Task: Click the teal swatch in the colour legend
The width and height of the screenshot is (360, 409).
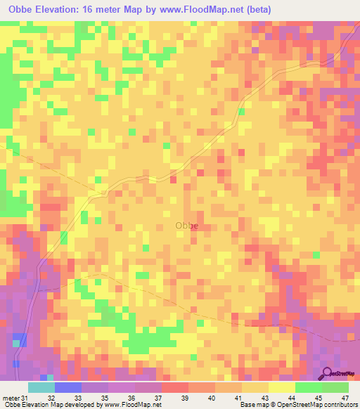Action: [x=41, y=387]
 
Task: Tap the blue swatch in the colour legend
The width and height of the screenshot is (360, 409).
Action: [x=68, y=387]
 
